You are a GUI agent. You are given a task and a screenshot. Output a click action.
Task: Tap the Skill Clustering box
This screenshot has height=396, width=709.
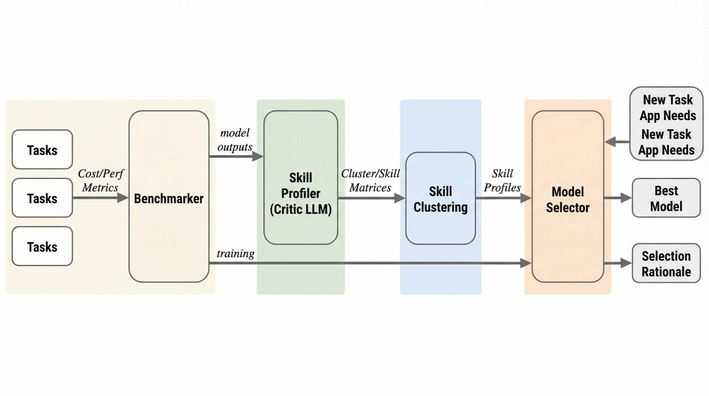(440, 198)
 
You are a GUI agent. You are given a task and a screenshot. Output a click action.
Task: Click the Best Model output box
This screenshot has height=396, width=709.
(666, 198)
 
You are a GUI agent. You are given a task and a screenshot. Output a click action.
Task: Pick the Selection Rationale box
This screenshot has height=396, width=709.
(666, 263)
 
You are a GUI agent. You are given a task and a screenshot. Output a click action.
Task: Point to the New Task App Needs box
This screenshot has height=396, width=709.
(666, 124)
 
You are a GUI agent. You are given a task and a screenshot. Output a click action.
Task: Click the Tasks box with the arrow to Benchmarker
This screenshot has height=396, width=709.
(42, 198)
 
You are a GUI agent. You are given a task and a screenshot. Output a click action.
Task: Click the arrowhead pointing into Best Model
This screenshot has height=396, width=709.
(626, 198)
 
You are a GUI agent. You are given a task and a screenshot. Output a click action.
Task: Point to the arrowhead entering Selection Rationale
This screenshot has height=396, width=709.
(626, 263)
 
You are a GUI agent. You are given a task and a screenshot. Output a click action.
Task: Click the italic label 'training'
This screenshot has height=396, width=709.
(235, 253)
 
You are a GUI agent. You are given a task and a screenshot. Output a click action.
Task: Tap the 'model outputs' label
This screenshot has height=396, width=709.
(235, 140)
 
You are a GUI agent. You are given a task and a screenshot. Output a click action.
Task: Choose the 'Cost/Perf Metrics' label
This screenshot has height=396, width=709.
(101, 180)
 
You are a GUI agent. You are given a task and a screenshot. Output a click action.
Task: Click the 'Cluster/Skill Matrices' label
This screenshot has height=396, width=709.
(370, 180)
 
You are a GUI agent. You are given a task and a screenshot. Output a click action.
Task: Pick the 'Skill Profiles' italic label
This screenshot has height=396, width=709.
(502, 180)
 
